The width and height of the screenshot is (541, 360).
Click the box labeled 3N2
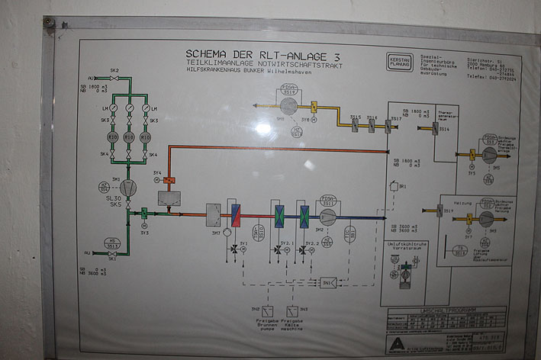click(264, 310)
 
